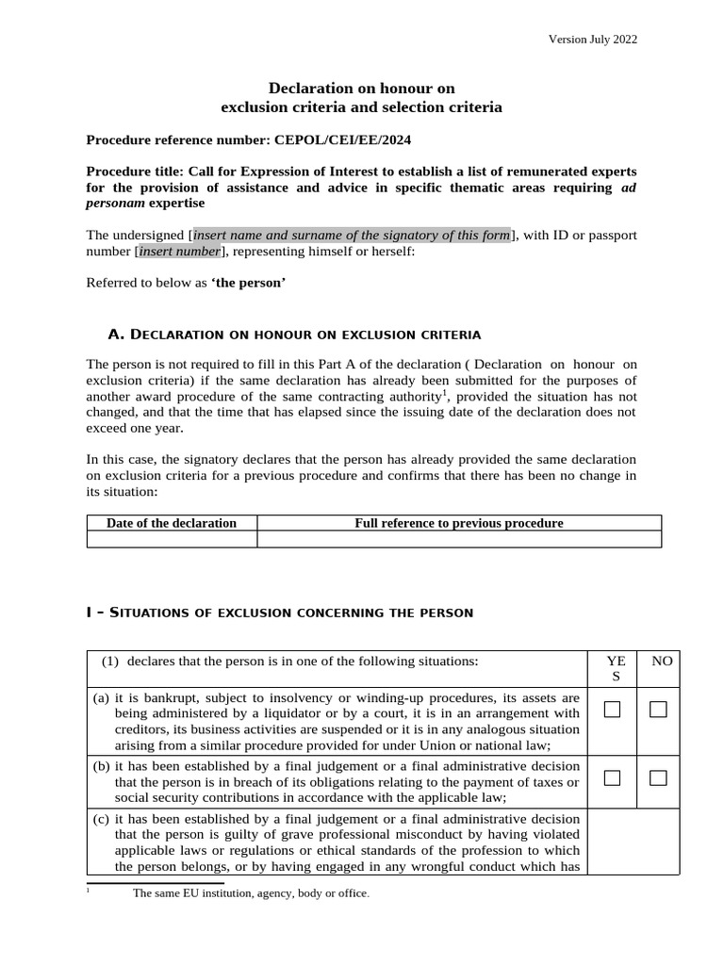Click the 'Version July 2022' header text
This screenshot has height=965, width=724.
pos(593,39)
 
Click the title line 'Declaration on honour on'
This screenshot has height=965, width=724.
pos(362,88)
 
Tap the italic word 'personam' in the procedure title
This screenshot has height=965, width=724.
pos(114,203)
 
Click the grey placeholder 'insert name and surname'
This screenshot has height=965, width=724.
pos(352,235)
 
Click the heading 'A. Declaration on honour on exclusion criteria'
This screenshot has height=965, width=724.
pos(295,335)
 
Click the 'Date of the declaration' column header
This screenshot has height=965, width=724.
pos(172,523)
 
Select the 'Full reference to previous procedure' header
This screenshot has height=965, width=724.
pos(458,523)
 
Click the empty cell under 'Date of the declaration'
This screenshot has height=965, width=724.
pos(172,539)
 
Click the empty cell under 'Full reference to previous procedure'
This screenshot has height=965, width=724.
pos(458,539)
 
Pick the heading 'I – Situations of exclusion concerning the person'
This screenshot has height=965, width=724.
pos(279,613)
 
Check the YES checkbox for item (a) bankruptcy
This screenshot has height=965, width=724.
pos(612,710)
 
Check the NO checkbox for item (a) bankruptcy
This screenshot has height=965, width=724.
pos(658,710)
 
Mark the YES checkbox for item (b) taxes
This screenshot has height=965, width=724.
pos(612,778)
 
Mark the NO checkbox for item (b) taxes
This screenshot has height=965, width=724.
pos(658,778)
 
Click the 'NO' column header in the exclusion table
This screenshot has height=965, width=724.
pos(662,662)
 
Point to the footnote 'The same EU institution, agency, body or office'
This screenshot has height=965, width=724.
pos(251,893)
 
